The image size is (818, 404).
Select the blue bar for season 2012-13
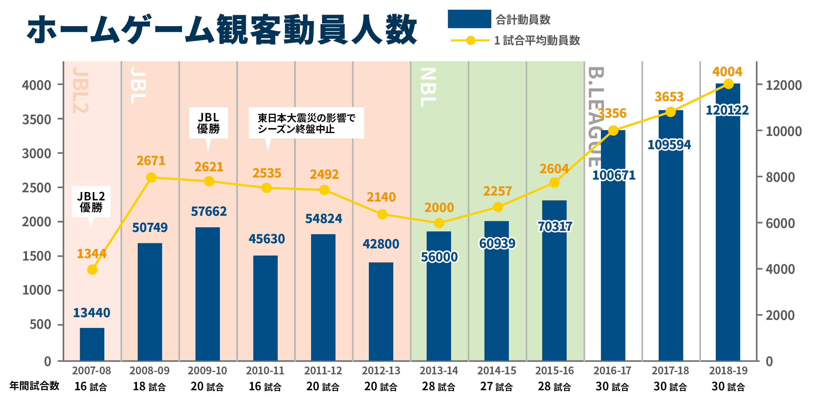tap(381, 311)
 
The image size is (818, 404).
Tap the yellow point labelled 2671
tap(151, 177)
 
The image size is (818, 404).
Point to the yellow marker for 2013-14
tap(439, 223)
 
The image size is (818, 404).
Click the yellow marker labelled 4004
tap(728, 84)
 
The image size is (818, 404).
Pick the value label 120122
tap(727, 110)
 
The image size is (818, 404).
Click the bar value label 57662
tap(209, 211)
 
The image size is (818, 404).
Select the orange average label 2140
tap(381, 197)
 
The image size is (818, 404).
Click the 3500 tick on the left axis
tap(36, 119)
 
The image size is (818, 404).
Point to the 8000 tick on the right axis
tap(780, 177)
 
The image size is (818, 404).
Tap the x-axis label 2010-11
tap(265, 370)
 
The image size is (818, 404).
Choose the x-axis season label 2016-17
tap(612, 370)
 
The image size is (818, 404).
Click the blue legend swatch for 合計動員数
tap(469, 19)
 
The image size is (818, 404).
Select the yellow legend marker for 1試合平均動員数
tap(470, 40)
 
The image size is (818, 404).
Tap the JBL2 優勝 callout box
tap(91, 202)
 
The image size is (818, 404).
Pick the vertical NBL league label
tap(428, 87)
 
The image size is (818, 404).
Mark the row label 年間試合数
tap(34, 386)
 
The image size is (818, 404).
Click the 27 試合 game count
tap(497, 386)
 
